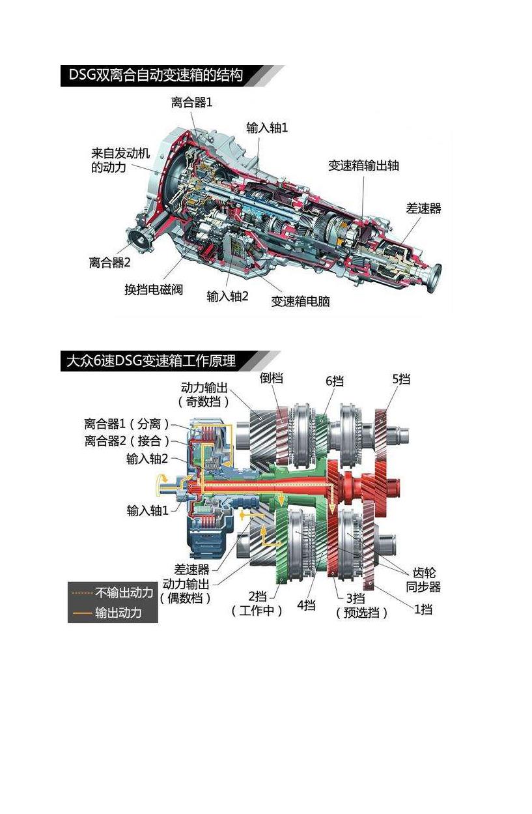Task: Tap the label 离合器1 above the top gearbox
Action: point(191,102)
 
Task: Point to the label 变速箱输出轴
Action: point(363,166)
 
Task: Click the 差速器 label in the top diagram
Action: point(423,209)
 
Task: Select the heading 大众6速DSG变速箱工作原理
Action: point(151,360)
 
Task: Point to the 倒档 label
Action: point(272,377)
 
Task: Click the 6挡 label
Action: point(335,381)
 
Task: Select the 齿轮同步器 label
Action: point(423,579)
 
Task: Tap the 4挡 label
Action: point(307,605)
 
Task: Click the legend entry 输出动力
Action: point(118,613)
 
